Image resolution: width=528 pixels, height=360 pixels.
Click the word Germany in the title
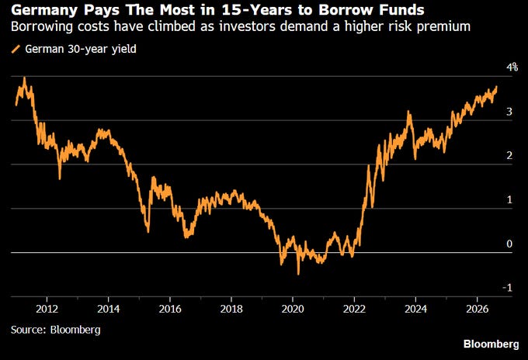(44, 10)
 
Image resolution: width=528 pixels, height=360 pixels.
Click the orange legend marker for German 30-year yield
(16, 49)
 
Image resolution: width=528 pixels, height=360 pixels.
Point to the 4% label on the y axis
(512, 67)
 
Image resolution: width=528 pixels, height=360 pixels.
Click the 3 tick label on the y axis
(509, 112)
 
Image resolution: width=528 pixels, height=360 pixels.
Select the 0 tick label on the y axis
(509, 244)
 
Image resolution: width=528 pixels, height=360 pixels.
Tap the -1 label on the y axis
(507, 288)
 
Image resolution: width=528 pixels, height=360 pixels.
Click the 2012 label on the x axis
(47, 309)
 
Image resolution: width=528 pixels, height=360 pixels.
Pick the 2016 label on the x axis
(170, 309)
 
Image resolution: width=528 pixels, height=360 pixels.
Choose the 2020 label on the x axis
(293, 309)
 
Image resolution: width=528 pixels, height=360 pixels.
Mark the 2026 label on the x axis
(478, 309)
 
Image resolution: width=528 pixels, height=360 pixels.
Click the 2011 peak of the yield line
(24, 78)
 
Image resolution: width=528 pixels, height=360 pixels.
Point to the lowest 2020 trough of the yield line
(298, 274)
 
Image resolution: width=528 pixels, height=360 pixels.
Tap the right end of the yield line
(496, 87)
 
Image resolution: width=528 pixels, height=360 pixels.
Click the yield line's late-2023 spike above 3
(408, 112)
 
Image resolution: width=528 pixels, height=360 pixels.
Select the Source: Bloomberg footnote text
(56, 330)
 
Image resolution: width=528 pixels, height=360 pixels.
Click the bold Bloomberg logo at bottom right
(491, 344)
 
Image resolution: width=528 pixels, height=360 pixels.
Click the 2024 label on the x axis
(415, 309)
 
